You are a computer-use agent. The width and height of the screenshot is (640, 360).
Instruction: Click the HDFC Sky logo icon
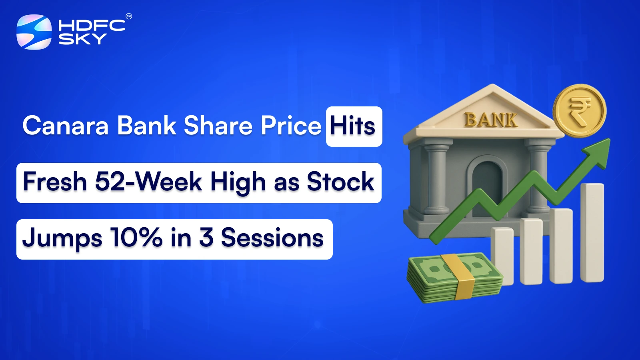point(34,32)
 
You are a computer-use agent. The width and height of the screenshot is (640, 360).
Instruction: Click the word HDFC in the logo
point(92,26)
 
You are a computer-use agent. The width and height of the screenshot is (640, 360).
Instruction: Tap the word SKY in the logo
point(82,39)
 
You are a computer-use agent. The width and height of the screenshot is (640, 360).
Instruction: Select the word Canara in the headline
point(66,126)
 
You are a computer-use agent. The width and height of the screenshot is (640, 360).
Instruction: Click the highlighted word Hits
point(353,126)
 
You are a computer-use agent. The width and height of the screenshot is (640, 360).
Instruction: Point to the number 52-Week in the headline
point(148,182)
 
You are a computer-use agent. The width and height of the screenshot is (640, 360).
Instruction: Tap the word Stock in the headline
point(340,182)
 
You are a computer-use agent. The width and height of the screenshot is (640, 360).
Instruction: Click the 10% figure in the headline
point(136,238)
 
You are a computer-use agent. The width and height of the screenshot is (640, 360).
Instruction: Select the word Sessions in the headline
point(272,238)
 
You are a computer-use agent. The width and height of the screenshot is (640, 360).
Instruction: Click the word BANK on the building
point(491,120)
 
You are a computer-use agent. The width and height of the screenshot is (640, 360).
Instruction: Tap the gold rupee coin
point(580,110)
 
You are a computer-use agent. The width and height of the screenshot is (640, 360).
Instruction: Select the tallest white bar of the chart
point(592,232)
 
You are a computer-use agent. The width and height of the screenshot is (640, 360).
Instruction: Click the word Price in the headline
point(291,126)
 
